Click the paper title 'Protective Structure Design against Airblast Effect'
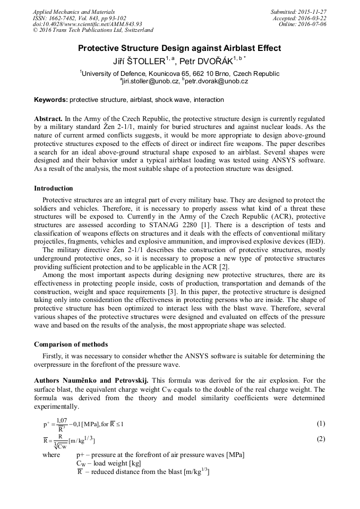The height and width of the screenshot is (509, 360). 179,48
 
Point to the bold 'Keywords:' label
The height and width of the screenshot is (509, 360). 51,100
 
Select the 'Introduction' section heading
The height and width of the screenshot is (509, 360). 54,188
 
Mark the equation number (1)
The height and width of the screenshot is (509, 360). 321,424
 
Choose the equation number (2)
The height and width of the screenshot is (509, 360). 321,439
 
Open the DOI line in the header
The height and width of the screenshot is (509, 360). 87,24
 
